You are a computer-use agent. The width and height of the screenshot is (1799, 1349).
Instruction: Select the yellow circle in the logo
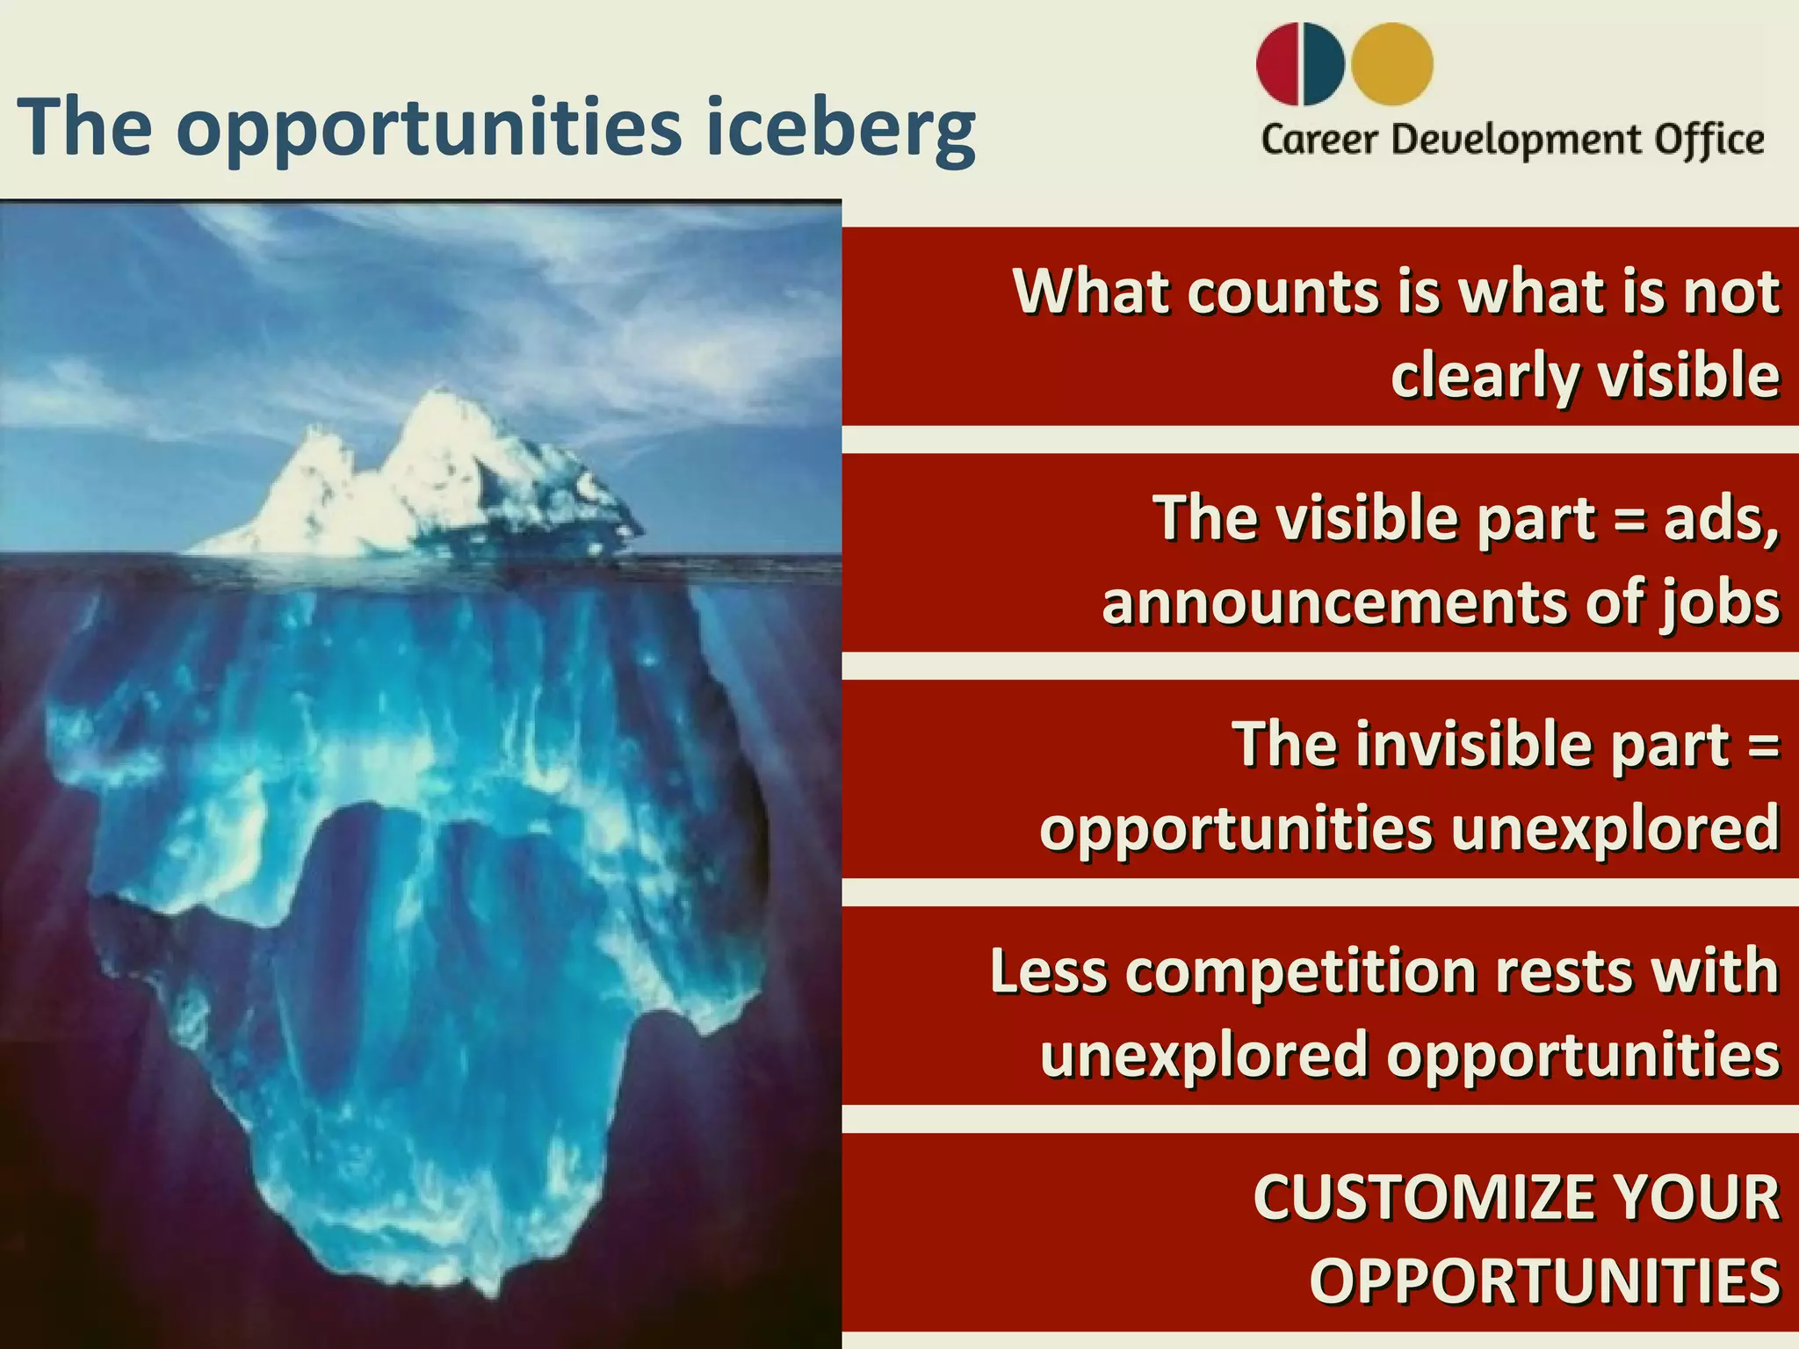click(x=1392, y=64)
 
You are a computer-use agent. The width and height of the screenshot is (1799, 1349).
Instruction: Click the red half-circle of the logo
click(x=1278, y=64)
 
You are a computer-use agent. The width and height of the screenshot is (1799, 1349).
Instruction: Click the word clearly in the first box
click(x=1485, y=376)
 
